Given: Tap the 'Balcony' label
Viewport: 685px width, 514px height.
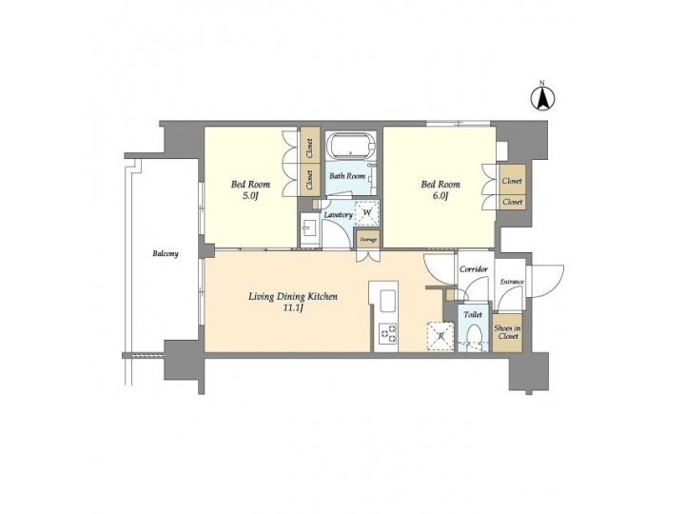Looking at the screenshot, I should [165, 254].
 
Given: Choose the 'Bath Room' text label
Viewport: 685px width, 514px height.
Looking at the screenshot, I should [347, 176].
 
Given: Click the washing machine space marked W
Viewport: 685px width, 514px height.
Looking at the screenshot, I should [366, 214].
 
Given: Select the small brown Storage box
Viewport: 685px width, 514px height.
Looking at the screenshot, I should [367, 238].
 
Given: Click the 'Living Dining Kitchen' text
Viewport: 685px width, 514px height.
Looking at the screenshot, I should [293, 297].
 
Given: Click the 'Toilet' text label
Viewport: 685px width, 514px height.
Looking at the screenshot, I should [473, 313].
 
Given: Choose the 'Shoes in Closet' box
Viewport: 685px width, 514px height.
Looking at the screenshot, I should [507, 332].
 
